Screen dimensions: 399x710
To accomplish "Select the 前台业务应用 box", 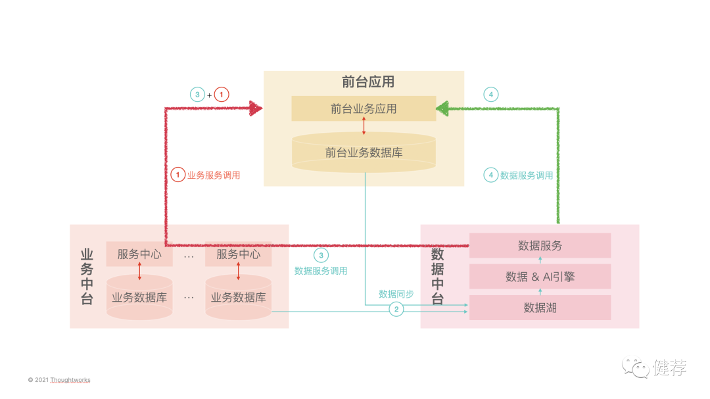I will (x=364, y=108).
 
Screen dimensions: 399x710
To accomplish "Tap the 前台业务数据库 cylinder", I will (x=364, y=153).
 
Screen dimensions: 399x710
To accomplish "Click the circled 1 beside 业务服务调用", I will (x=178, y=175).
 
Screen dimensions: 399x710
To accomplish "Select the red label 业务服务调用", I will (x=214, y=176).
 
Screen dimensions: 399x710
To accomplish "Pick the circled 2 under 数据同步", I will (x=396, y=309).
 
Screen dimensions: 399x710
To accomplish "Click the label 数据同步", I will (x=396, y=294).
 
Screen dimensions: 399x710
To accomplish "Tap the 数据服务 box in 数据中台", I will (x=540, y=246).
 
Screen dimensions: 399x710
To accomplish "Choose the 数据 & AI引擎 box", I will (x=540, y=277).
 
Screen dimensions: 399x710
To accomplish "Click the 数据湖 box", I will (x=540, y=308).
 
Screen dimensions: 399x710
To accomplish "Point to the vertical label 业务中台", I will (x=87, y=277).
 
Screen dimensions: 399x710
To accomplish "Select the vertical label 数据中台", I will (x=437, y=277).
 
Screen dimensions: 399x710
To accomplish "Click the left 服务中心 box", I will (x=139, y=254).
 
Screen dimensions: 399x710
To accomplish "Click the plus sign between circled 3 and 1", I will (x=210, y=95).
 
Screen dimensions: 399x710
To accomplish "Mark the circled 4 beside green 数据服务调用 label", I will (x=490, y=175).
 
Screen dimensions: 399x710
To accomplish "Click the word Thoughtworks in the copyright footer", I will (x=70, y=380).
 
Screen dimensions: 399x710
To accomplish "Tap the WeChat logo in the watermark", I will (x=636, y=367).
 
